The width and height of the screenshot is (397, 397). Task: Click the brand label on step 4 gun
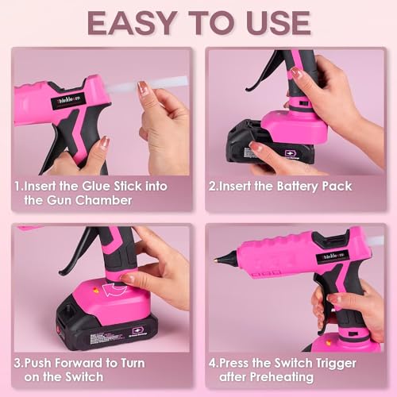pyautogui.click(x=330, y=256)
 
